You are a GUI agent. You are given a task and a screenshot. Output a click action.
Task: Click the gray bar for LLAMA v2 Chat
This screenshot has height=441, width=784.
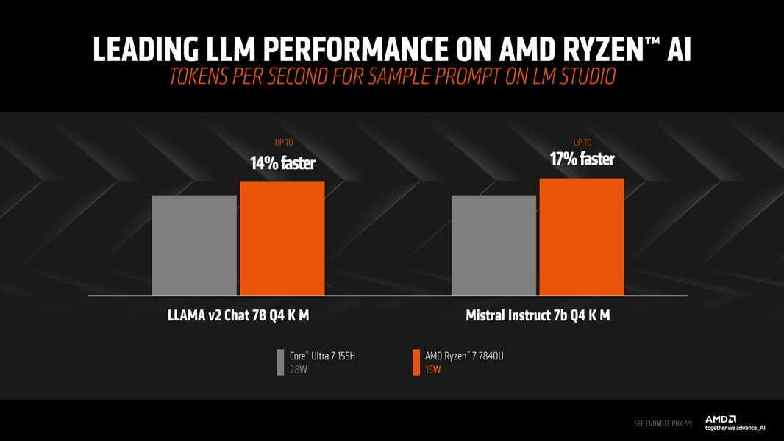194,245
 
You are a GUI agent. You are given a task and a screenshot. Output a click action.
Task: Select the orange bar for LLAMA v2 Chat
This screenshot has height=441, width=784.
282,238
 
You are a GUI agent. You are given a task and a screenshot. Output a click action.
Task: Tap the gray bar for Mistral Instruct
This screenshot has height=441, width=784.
493,245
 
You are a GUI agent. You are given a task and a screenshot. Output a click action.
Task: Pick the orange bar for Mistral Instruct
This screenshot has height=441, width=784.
581,237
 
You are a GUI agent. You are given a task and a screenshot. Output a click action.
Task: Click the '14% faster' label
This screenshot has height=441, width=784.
282,162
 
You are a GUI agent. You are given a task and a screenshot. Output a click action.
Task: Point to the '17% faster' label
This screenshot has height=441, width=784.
582,159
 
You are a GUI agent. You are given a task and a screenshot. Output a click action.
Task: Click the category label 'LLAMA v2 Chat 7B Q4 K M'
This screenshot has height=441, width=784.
238,316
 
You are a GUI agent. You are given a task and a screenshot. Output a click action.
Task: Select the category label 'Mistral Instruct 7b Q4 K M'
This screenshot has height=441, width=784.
538,316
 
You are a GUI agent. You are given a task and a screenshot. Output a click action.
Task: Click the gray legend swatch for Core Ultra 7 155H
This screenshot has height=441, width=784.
280,362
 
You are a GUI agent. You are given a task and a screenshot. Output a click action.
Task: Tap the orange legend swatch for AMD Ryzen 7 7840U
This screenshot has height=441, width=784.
416,362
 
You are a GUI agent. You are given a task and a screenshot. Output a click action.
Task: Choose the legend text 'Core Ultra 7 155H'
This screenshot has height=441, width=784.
322,356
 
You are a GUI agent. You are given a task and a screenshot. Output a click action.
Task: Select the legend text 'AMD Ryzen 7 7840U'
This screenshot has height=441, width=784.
464,356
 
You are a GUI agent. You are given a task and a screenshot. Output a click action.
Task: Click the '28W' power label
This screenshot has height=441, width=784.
298,370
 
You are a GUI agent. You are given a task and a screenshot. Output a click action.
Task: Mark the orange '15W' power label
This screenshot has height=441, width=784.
433,370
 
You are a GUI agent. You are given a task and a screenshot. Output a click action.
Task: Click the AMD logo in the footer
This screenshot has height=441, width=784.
721,420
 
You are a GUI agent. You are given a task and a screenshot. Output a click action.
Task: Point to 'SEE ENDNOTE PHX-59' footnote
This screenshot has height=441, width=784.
663,423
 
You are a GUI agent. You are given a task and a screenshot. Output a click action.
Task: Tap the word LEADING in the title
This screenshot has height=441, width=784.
145,49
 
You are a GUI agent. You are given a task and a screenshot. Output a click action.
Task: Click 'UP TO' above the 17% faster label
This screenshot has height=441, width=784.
582,143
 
